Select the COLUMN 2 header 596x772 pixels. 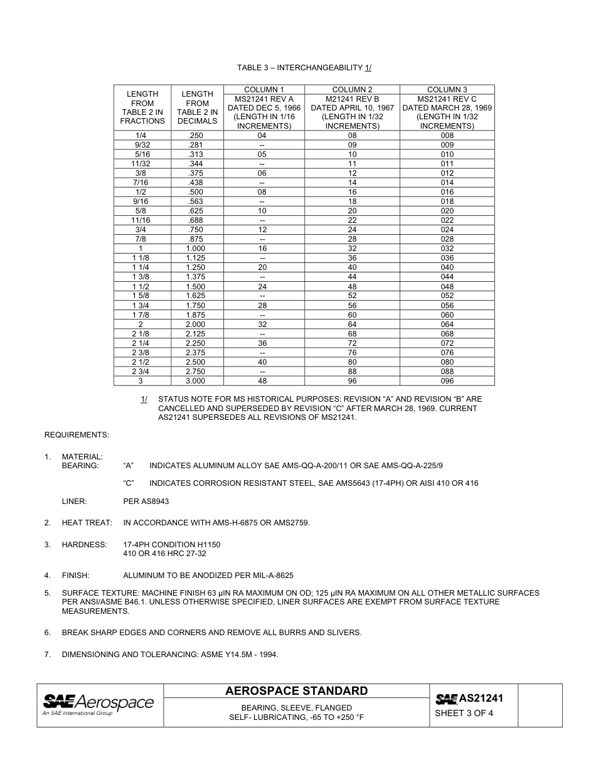click(x=352, y=90)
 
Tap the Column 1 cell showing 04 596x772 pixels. click(x=262, y=136)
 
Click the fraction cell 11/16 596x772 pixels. click(x=142, y=220)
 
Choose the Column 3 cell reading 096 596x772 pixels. click(x=447, y=381)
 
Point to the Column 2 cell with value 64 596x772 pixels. click(x=352, y=324)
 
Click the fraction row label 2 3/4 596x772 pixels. click(x=142, y=372)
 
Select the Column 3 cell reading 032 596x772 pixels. click(x=447, y=249)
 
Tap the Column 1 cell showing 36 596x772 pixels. click(x=262, y=343)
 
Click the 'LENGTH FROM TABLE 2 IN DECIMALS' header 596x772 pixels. click(x=197, y=107)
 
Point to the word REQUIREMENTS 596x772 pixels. click(x=77, y=434)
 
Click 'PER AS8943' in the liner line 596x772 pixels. click(x=146, y=501)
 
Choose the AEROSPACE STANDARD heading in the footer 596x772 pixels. click(x=297, y=691)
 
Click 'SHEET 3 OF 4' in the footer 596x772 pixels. click(x=464, y=713)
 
